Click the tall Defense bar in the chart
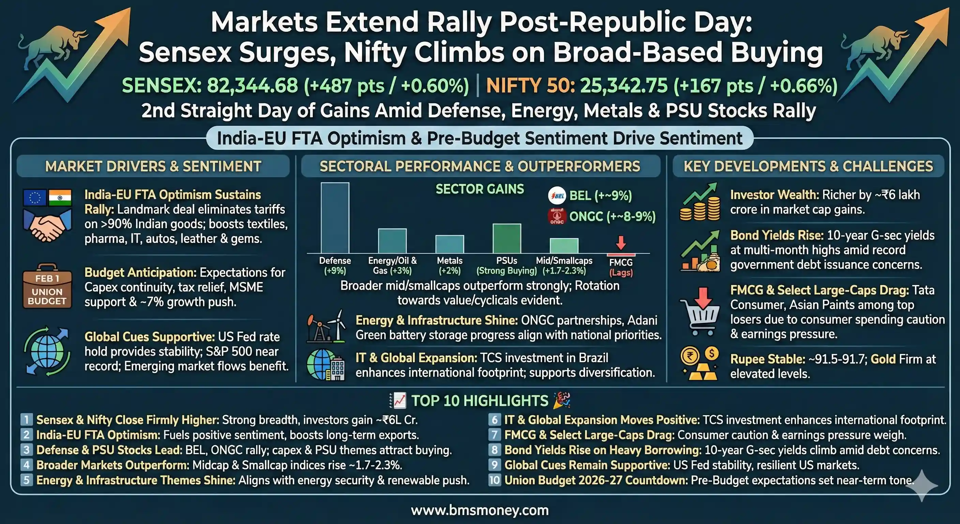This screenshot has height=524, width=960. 335,218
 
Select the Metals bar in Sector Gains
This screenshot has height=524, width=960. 449,244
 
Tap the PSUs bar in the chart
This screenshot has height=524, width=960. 507,239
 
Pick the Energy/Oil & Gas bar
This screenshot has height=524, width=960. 392,241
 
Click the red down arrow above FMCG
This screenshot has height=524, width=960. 620,243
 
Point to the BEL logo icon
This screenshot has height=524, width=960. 557,196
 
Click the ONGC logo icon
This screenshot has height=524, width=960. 557,216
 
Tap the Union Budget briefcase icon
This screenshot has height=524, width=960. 47,286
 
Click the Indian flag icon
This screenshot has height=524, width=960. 60,197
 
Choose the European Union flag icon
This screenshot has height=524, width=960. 35,197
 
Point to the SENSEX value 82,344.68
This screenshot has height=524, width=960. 252,86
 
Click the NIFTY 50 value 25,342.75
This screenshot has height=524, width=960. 624,86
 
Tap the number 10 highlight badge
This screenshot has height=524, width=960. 495,480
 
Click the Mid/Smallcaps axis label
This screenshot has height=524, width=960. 564,261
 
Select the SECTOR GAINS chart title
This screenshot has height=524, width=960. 480,189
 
